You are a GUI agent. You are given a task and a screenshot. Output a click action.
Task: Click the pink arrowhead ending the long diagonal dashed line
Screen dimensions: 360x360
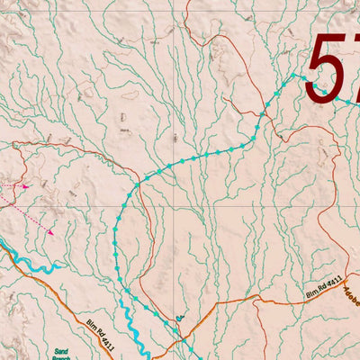pos(51,232)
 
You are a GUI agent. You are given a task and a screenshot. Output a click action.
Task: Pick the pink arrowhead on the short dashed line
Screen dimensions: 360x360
pos(26,186)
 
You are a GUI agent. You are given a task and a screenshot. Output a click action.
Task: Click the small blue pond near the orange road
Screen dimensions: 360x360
pos(180,317)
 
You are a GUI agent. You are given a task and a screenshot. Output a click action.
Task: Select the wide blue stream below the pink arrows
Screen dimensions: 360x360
pos(36,265)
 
